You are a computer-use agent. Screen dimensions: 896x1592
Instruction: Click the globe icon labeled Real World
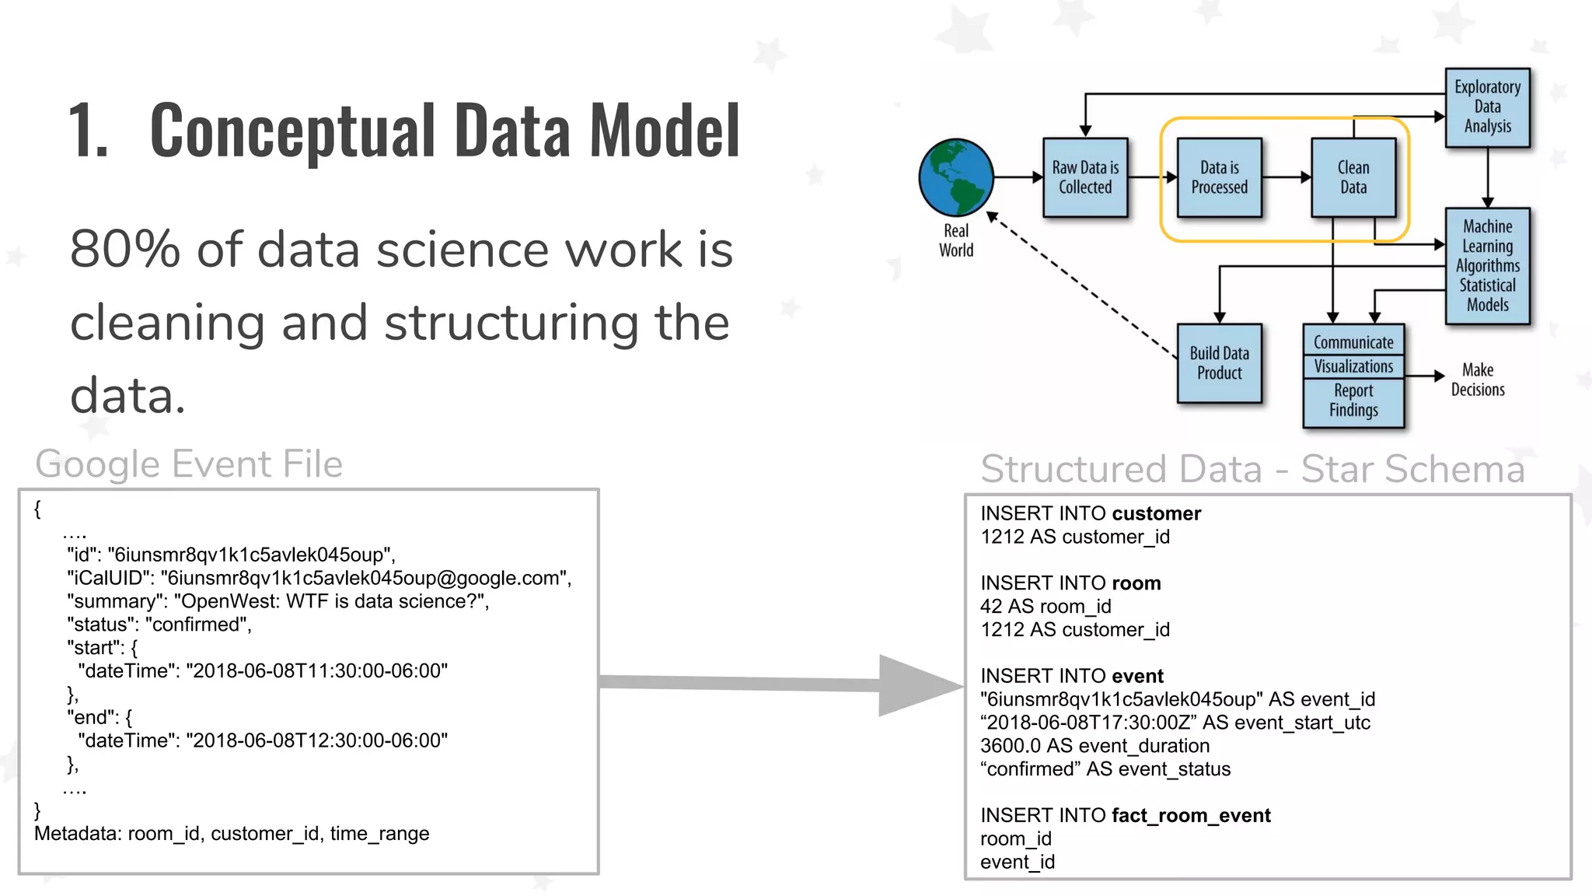pyautogui.click(x=955, y=177)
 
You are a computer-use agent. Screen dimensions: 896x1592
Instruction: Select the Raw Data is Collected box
pyautogui.click(x=1085, y=177)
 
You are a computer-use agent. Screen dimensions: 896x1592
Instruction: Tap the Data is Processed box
pyautogui.click(x=1219, y=177)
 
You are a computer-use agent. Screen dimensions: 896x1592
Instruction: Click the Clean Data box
pyautogui.click(x=1353, y=177)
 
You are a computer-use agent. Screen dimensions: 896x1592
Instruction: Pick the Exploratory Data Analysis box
pyautogui.click(x=1487, y=107)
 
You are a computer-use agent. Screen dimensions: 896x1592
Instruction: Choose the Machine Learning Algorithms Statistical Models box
pyautogui.click(x=1487, y=266)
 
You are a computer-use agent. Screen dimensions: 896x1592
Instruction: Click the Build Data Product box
pyautogui.click(x=1219, y=363)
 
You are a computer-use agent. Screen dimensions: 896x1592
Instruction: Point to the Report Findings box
pyautogui.click(x=1353, y=401)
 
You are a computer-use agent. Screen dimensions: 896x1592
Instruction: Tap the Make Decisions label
pyautogui.click(x=1477, y=380)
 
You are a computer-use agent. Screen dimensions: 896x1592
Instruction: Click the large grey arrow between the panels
pyautogui.click(x=777, y=684)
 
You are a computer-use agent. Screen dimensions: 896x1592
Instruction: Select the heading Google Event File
pyautogui.click(x=189, y=464)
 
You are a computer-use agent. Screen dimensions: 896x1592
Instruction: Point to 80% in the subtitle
pyautogui.click(x=124, y=250)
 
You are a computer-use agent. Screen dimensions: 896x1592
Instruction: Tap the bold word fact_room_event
pyautogui.click(x=1191, y=815)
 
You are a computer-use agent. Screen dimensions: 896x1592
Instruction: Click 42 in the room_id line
pyautogui.click(x=991, y=607)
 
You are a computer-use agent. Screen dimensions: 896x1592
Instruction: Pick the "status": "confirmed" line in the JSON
pyautogui.click(x=159, y=625)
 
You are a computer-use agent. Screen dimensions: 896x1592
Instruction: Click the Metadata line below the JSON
pyautogui.click(x=232, y=834)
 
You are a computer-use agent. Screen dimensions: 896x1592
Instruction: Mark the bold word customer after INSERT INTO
pyautogui.click(x=1156, y=513)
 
